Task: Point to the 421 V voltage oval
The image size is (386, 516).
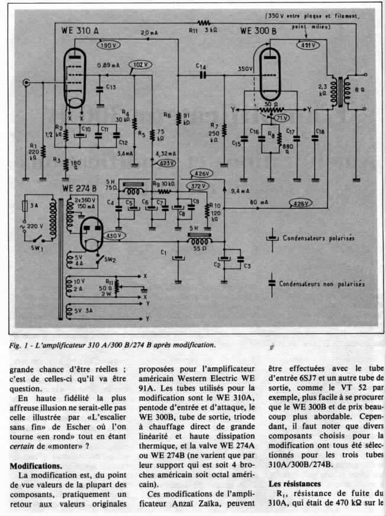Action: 307,45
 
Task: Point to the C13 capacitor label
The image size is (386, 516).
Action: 110,87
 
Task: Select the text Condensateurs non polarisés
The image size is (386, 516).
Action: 321,284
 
